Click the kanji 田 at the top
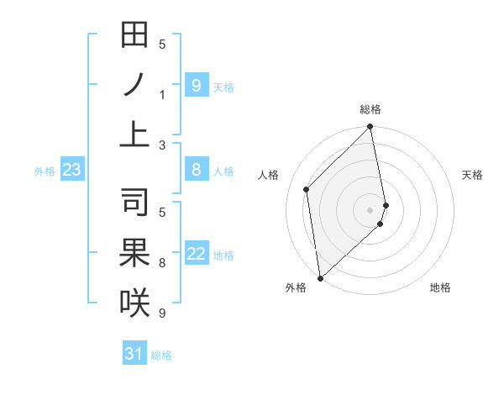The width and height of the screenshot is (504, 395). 134,36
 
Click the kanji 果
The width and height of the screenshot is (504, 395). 134,253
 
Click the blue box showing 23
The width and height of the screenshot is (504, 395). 72,171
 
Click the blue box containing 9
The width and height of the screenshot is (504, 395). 197,86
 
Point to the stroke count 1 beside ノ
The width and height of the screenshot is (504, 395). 162,95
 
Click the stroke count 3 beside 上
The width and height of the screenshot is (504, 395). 162,145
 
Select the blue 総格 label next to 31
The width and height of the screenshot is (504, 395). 161,355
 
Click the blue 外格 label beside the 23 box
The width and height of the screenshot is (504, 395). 45,171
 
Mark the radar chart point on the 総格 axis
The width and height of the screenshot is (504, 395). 370,128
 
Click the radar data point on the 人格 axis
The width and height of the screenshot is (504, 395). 307,189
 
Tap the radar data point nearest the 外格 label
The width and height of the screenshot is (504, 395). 320,277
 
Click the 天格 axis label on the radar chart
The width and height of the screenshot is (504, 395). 472,175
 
